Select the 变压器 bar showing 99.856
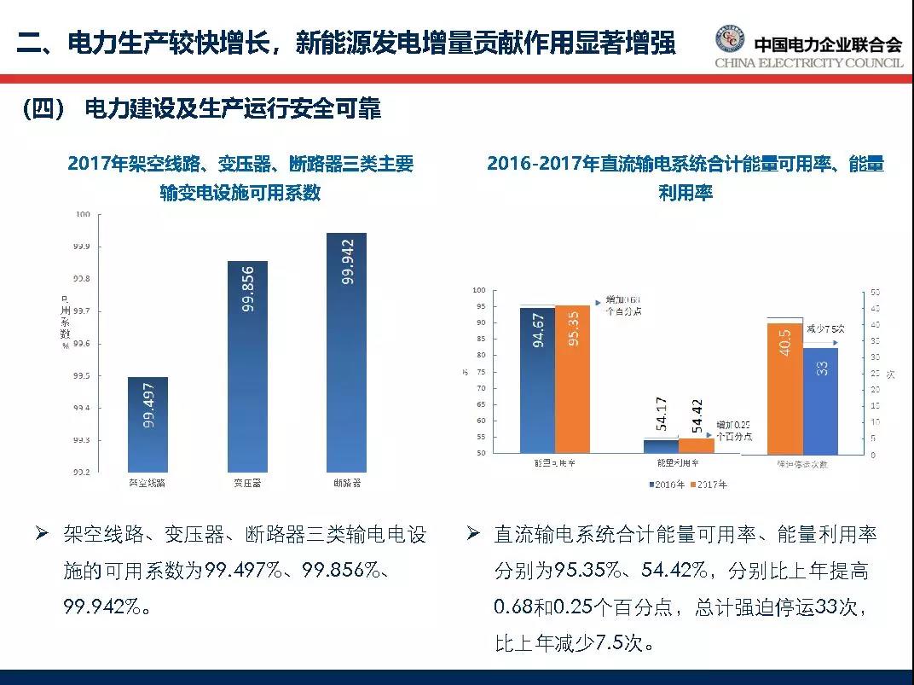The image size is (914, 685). pos(247,366)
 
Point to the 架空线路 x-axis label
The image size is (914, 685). pos(148,484)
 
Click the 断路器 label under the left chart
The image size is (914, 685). pos(346,484)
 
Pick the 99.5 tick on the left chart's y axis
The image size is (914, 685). pos(81,376)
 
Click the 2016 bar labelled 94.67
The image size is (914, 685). pos(537,379)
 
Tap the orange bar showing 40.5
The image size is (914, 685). pos(785,388)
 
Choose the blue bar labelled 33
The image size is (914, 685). pos(820,400)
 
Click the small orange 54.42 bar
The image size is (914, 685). pos(697,445)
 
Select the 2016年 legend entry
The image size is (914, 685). pos(668,485)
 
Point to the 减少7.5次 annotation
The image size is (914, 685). pos(824,328)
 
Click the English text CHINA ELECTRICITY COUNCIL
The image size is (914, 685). pos(808,64)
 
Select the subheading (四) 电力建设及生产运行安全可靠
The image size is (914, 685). pos(200,109)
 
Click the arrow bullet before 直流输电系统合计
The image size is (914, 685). pos(474,534)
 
